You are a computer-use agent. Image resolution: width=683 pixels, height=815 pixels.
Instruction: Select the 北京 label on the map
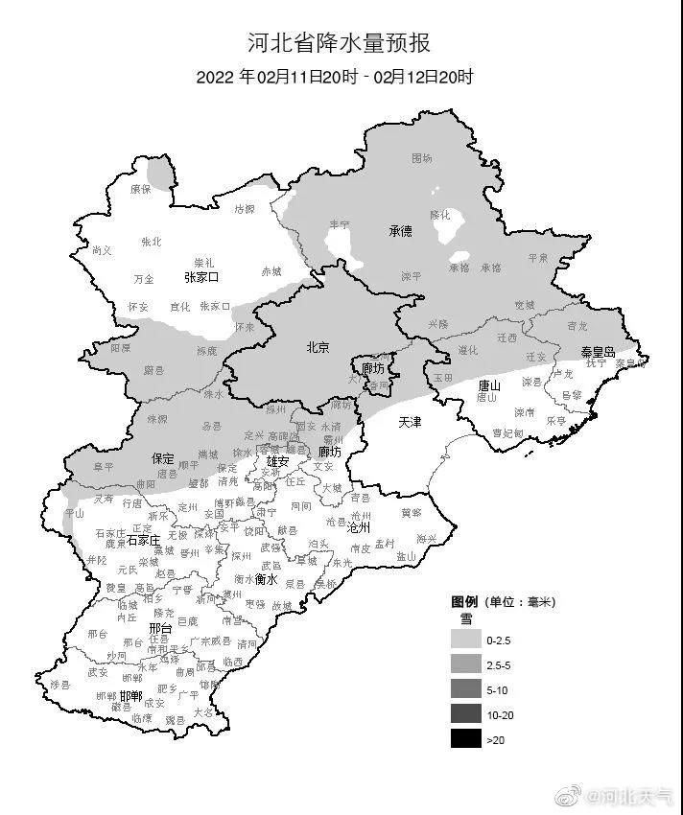[x=318, y=348]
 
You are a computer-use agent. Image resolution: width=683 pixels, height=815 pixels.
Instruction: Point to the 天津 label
[x=410, y=422]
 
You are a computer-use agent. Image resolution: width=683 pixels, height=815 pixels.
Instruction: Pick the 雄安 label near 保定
[x=277, y=461]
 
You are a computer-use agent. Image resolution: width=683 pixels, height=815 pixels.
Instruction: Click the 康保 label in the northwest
[x=140, y=190]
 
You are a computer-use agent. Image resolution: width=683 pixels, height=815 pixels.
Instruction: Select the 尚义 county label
[x=102, y=250]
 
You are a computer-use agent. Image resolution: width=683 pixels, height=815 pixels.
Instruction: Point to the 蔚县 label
[x=153, y=369]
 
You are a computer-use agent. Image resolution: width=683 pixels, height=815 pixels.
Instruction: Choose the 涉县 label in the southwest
[x=61, y=684]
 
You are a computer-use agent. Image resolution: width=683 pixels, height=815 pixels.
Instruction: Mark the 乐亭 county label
[x=555, y=420]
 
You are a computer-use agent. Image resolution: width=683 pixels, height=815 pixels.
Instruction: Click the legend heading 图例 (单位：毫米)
[x=504, y=602]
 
